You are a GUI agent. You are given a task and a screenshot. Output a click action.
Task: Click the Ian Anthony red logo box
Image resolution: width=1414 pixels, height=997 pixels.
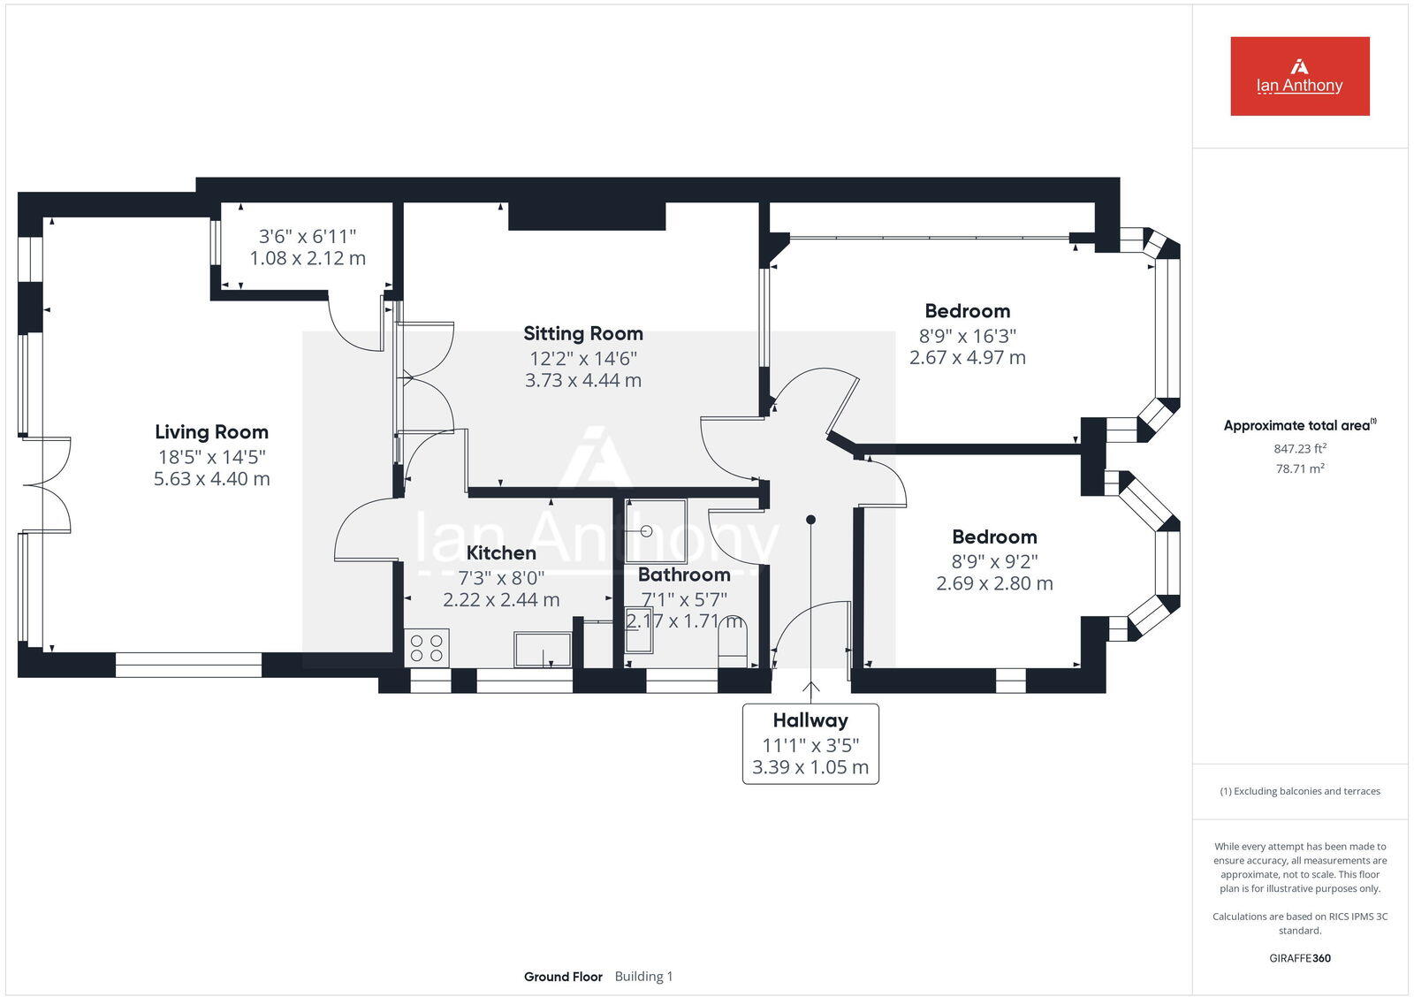pos(1299,76)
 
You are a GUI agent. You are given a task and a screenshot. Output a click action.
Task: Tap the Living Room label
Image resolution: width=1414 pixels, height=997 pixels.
pos(211,432)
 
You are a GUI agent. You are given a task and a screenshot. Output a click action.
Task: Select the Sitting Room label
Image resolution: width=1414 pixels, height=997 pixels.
pos(582,333)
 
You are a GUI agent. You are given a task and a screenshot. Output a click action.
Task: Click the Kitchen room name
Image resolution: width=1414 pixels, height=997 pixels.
pos(501,553)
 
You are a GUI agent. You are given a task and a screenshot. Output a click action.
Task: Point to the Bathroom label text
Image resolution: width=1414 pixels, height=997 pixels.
pos(684,575)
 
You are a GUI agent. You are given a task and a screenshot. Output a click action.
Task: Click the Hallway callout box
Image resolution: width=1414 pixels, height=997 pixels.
pos(810,743)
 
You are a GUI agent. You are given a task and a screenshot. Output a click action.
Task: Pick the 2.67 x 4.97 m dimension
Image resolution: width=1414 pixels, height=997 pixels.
pos(968,358)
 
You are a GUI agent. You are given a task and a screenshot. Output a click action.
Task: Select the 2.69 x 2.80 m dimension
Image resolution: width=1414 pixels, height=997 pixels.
pos(994,583)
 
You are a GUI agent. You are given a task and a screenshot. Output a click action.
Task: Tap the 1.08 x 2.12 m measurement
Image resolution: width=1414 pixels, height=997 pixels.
pos(308,258)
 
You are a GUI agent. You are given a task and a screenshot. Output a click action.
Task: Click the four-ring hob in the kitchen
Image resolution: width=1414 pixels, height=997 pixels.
pos(427,648)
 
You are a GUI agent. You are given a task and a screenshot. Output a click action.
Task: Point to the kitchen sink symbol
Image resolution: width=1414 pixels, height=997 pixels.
pos(543,650)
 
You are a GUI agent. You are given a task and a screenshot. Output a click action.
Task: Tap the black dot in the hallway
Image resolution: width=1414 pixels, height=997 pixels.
pos(810,520)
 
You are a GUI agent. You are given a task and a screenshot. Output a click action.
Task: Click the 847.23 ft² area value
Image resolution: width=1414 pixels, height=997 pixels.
pos(1300,449)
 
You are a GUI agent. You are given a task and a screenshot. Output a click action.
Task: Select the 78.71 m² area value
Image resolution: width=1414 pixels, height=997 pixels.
pos(1300,468)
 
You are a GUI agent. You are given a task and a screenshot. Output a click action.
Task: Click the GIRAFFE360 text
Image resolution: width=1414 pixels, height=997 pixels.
pos(1300,958)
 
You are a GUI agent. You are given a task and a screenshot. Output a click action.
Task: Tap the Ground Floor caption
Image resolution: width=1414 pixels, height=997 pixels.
pos(563,977)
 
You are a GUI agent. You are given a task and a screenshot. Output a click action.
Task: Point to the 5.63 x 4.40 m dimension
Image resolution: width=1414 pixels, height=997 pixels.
pos(211,479)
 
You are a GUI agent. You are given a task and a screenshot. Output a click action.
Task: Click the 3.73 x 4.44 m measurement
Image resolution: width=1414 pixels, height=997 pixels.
pos(582,381)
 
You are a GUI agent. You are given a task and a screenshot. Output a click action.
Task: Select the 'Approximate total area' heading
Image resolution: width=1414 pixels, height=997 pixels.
pos(1297,426)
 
